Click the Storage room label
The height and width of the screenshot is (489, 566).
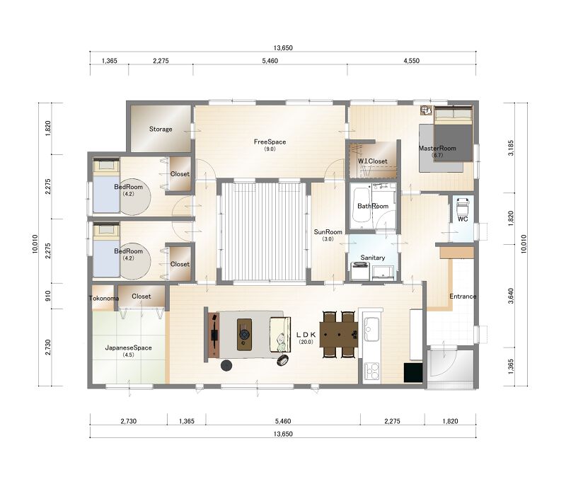161,129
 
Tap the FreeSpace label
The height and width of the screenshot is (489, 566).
270,142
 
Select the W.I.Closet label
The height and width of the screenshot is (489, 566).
373,161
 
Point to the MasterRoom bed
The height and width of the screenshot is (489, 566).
453,134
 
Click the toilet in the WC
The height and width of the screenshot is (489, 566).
463,207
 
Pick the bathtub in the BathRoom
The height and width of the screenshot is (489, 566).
362,206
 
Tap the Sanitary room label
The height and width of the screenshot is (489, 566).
373,258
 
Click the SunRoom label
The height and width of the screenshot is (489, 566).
328,232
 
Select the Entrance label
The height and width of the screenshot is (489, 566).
463,296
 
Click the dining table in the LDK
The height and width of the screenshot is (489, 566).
339,335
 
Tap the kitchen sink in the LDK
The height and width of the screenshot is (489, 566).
371,329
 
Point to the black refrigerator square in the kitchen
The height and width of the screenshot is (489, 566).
413,372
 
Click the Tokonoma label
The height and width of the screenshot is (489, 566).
104,299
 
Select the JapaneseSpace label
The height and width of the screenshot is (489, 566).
128,347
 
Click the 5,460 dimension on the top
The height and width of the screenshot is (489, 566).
270,61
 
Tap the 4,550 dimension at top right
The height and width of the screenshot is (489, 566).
412,61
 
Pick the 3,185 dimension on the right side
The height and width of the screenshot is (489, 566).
510,148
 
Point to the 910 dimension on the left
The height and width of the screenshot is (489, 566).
48,296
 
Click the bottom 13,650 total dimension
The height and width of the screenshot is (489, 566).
283,434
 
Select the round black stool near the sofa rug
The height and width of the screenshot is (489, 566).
226,365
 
